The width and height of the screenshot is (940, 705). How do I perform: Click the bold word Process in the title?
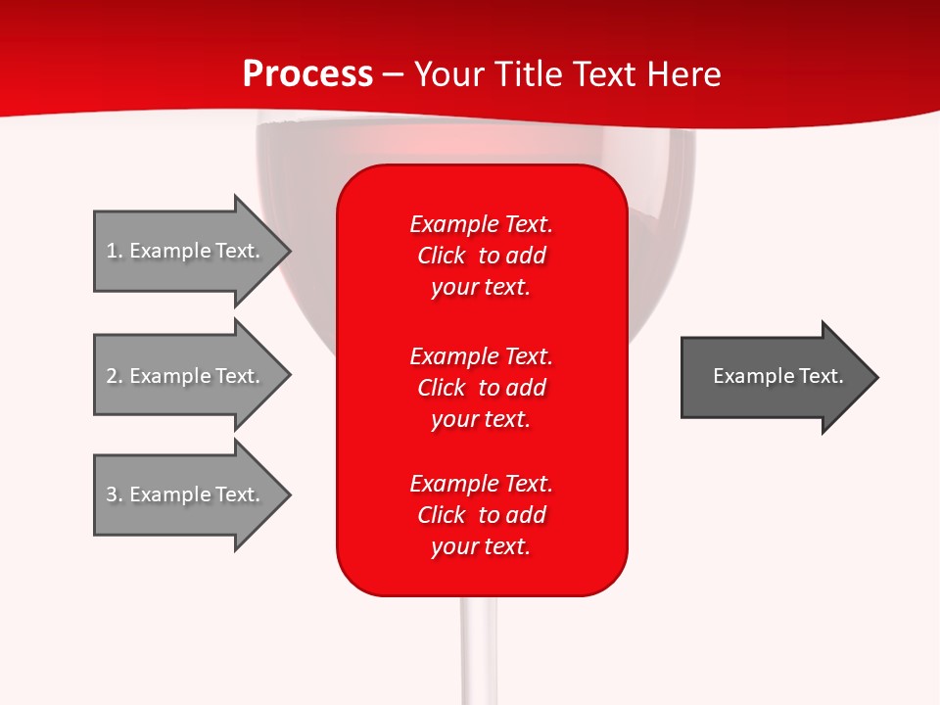pos(307,74)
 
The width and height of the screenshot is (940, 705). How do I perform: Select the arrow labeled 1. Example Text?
pos(186,251)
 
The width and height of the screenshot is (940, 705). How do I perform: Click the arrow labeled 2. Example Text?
pos(186,376)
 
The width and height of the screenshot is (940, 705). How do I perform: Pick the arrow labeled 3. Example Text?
pos(186,494)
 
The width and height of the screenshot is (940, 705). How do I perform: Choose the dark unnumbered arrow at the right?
pos(774,377)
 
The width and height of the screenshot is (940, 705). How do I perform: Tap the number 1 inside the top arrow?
pos(112,251)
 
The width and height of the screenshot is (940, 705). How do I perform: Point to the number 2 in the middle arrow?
pos(112,376)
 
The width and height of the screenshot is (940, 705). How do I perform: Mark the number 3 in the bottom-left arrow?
pos(112,494)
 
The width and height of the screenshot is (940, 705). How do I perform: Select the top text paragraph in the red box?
pos(481,256)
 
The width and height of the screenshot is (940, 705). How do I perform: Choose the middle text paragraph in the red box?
pos(481,388)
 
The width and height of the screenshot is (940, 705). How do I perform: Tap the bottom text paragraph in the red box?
pos(481,515)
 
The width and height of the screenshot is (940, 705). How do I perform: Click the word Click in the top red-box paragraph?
pos(441,256)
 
